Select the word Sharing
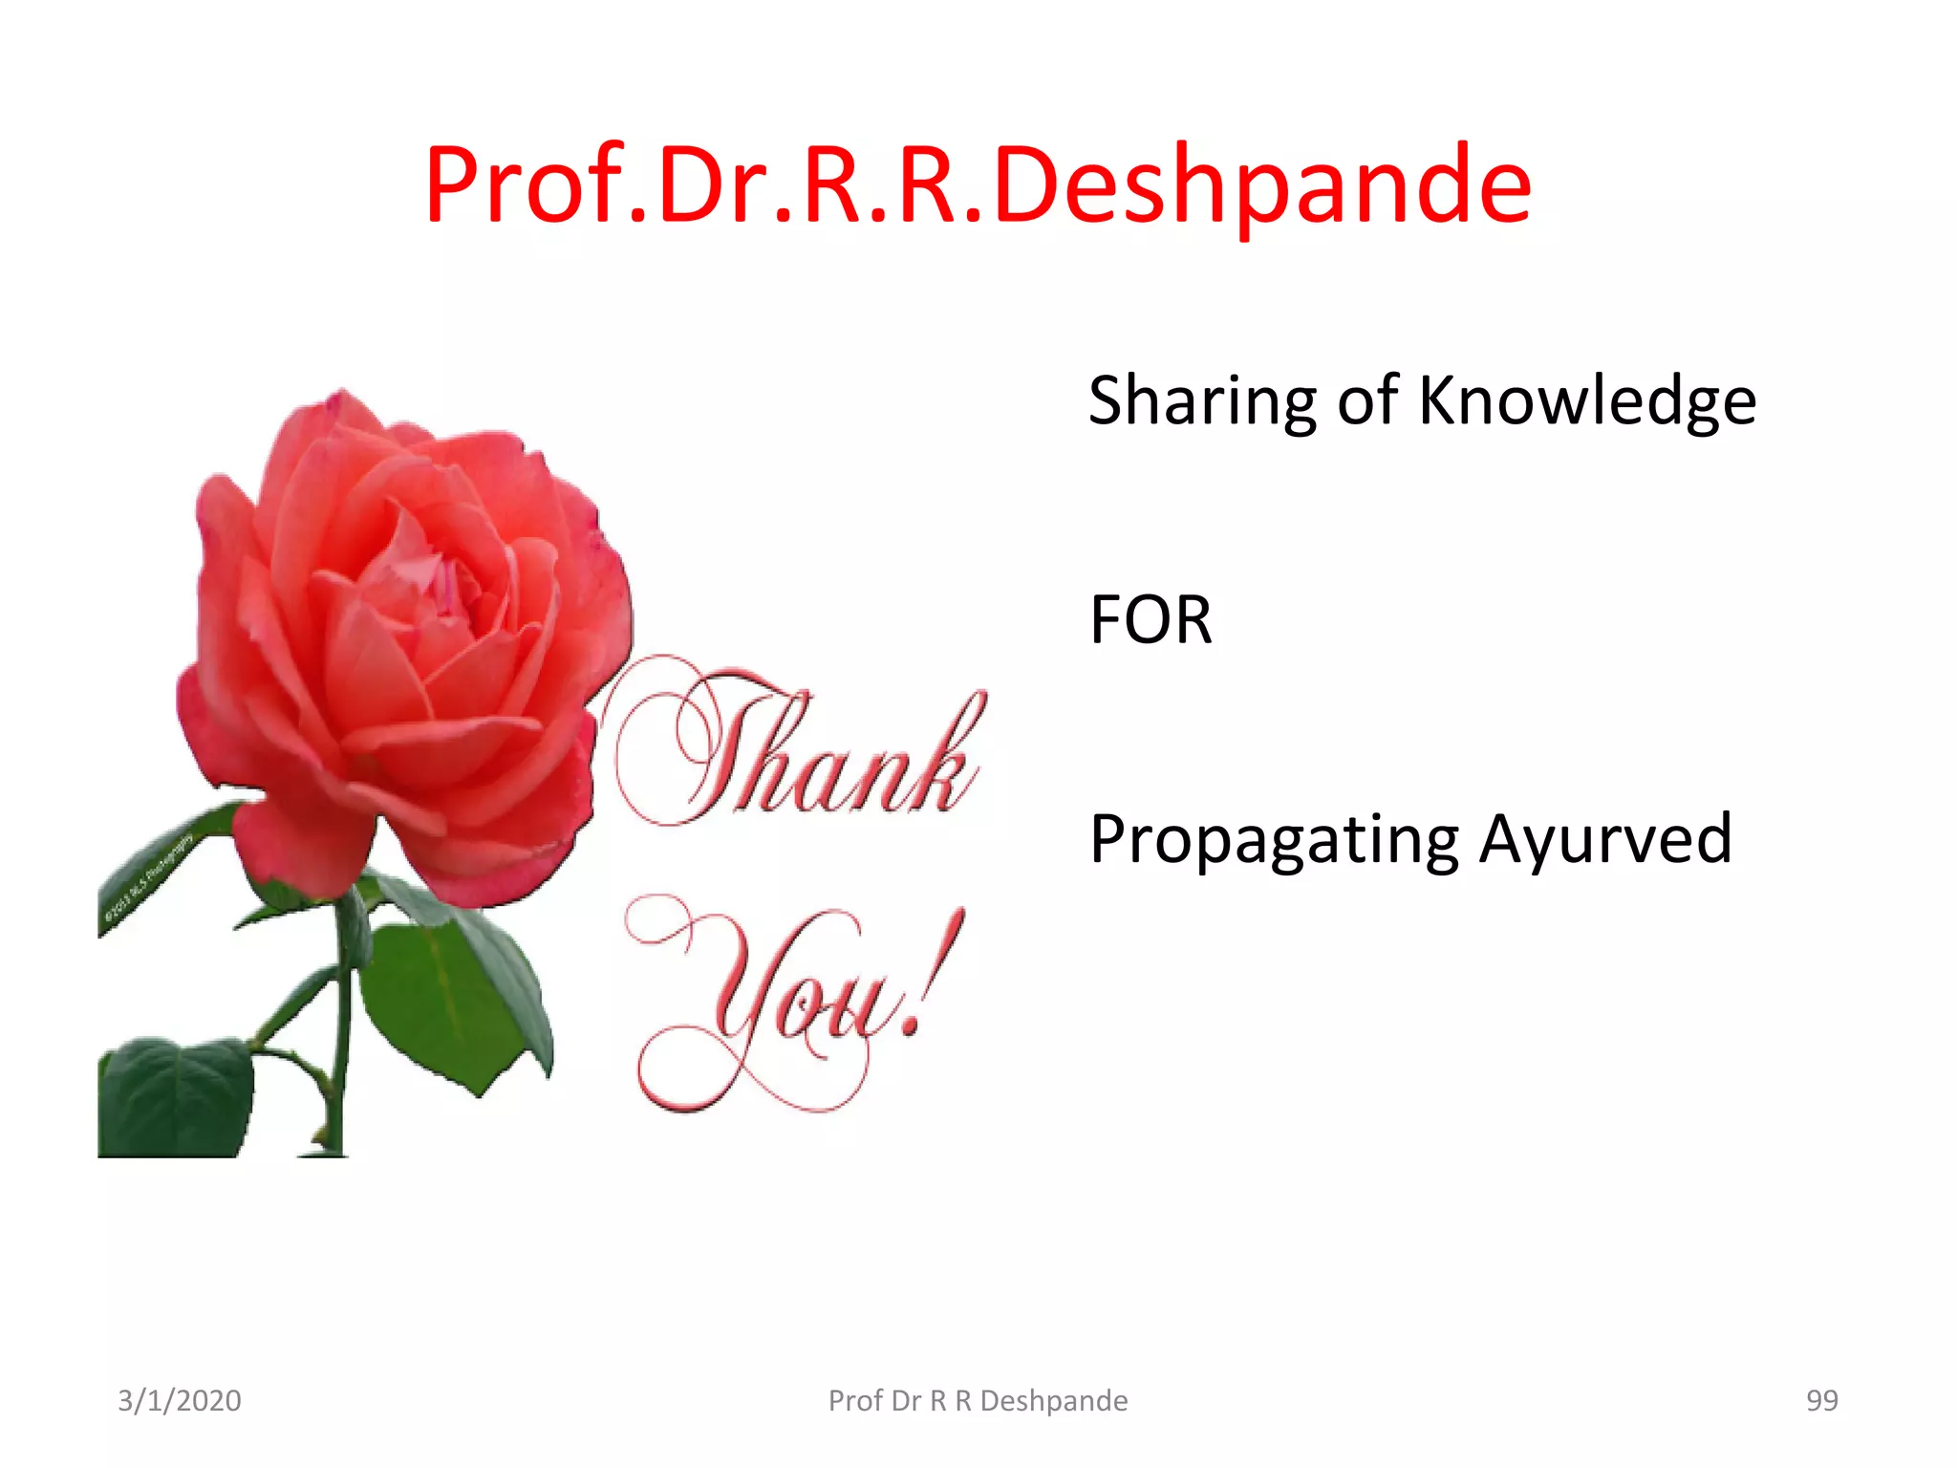[1202, 401]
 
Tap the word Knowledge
[1586, 401]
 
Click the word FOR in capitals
[1151, 620]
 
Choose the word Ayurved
[1605, 839]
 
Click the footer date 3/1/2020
[180, 1401]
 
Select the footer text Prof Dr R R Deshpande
[978, 1401]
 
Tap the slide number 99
[1821, 1401]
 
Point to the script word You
[784, 1004]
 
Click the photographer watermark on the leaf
[148, 884]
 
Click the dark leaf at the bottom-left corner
[172, 1099]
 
